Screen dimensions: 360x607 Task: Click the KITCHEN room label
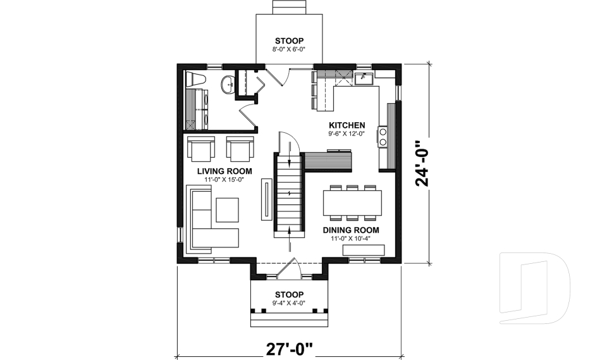tap(346, 125)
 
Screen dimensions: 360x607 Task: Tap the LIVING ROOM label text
tap(224, 171)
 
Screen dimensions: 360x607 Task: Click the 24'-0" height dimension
tap(422, 163)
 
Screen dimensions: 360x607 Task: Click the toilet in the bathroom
tap(195, 81)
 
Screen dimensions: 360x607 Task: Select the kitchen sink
tap(363, 79)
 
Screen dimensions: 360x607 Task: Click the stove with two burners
tap(383, 137)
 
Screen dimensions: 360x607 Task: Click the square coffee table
tap(227, 210)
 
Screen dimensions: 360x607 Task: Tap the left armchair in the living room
tap(200, 149)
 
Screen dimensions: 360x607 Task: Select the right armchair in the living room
tap(240, 149)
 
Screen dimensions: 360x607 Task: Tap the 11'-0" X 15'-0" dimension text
tap(224, 180)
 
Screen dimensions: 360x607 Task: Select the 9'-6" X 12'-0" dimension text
tap(346, 133)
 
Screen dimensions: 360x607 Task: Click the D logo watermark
tap(534, 284)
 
